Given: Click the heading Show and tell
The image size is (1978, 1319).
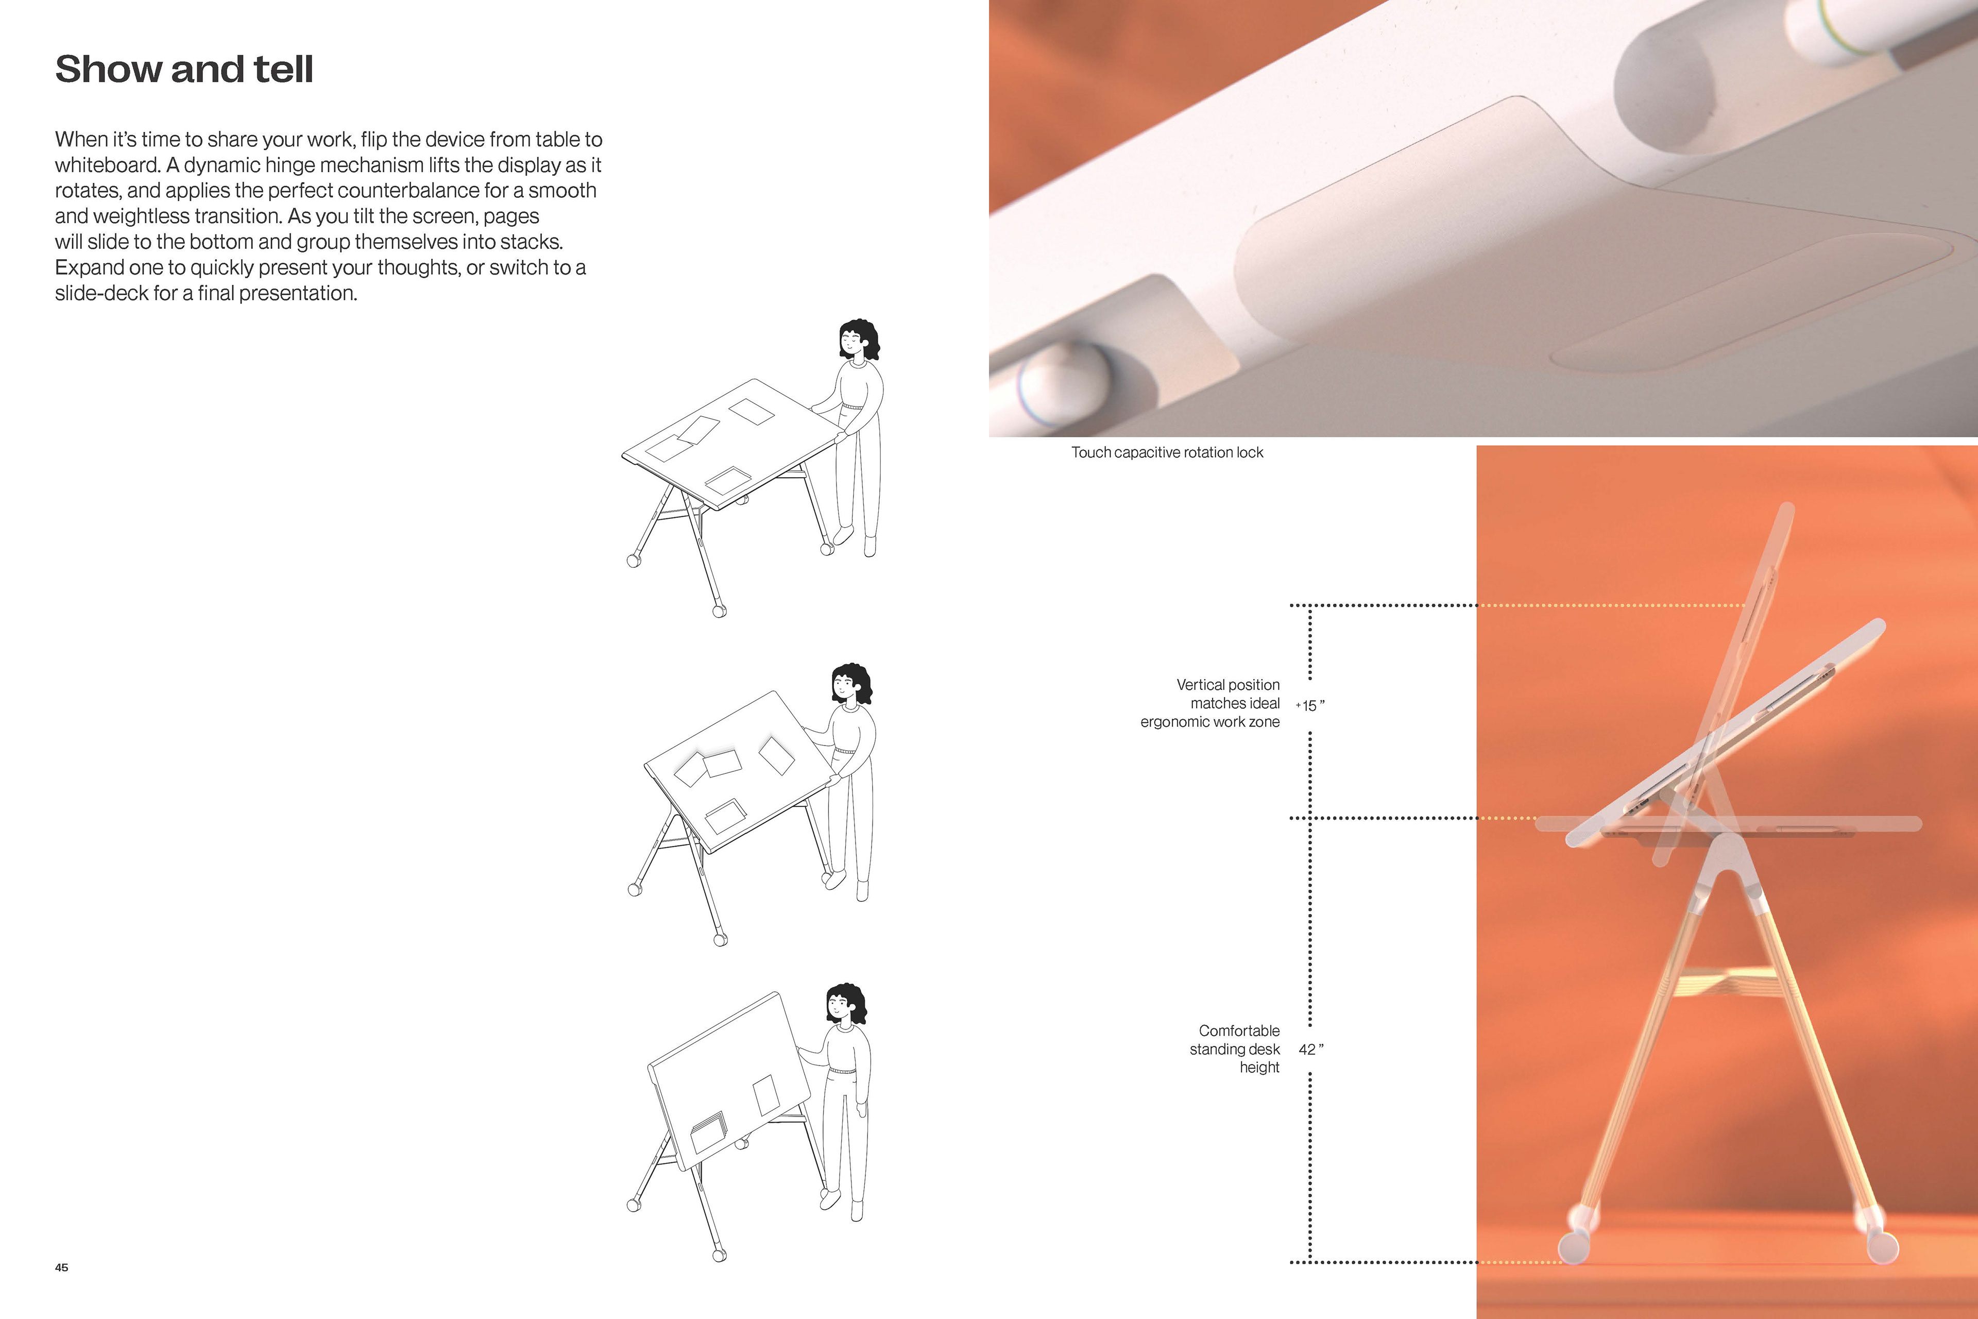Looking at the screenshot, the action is click(x=184, y=69).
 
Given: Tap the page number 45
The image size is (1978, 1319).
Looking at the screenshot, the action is click(x=61, y=1267).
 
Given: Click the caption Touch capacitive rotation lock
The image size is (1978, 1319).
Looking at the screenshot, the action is click(x=1167, y=452).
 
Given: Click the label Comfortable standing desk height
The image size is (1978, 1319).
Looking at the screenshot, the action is click(x=1235, y=1049).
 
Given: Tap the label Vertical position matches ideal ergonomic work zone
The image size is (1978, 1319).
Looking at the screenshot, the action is click(x=1210, y=703).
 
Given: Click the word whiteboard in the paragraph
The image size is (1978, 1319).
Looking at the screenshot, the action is click(x=107, y=165).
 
